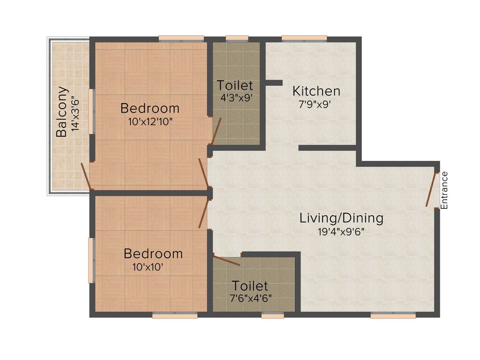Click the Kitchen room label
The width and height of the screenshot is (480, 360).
tap(316, 90)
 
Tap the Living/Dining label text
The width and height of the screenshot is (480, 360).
tap(341, 218)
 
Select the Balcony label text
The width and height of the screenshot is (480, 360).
tap(61, 112)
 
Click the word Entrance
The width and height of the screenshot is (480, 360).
tap(444, 190)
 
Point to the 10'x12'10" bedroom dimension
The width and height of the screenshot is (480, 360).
tap(150, 121)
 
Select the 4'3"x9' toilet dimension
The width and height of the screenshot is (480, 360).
tap(237, 98)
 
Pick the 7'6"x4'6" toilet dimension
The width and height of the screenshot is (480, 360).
tap(250, 298)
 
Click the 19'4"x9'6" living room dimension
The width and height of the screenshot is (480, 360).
tap(341, 231)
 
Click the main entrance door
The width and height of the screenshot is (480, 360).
tap(431, 189)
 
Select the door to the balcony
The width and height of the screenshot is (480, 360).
tap(85, 176)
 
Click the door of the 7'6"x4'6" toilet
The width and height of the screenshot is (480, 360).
tap(226, 260)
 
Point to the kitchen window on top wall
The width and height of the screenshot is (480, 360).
tap(304, 38)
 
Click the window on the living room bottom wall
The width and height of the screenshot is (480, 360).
tap(393, 316)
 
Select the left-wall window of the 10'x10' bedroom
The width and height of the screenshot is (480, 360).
tap(91, 260)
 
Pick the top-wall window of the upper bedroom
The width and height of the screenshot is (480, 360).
tap(181, 38)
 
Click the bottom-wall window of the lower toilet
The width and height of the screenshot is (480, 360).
tap(273, 316)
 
